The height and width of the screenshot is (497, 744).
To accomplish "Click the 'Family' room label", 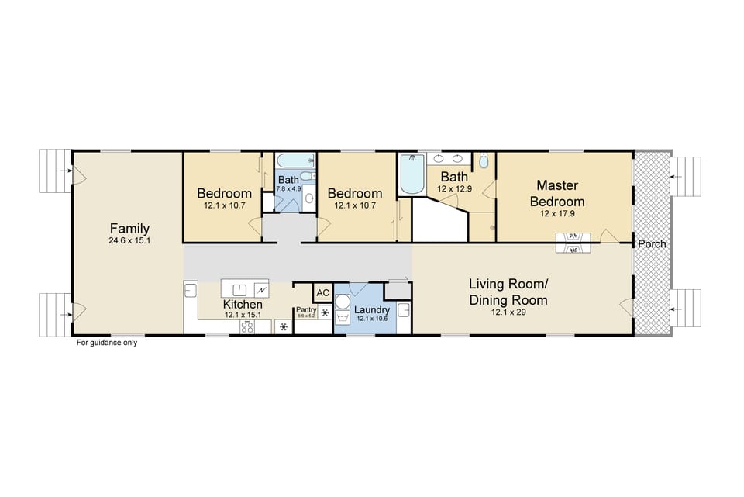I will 129,229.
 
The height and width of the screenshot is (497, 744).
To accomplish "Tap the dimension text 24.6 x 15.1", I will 129,241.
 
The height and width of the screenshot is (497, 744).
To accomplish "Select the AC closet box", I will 323,292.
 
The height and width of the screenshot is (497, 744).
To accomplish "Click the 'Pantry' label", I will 306,309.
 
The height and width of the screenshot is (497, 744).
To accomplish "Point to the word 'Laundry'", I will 371,309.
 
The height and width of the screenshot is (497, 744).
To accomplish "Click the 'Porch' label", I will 652,244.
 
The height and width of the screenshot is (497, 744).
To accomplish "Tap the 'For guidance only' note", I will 106,343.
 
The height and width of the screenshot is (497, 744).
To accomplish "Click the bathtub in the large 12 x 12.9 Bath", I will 409,175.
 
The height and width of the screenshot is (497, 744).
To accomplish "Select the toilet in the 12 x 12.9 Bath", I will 484,162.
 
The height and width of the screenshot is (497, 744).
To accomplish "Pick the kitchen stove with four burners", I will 248,327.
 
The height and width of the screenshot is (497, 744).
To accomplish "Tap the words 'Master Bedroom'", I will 563,194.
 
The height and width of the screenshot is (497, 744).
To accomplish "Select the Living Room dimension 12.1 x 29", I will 508,312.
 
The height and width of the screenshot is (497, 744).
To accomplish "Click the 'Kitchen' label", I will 243,305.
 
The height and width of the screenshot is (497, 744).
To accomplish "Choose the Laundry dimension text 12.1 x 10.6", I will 371,319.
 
